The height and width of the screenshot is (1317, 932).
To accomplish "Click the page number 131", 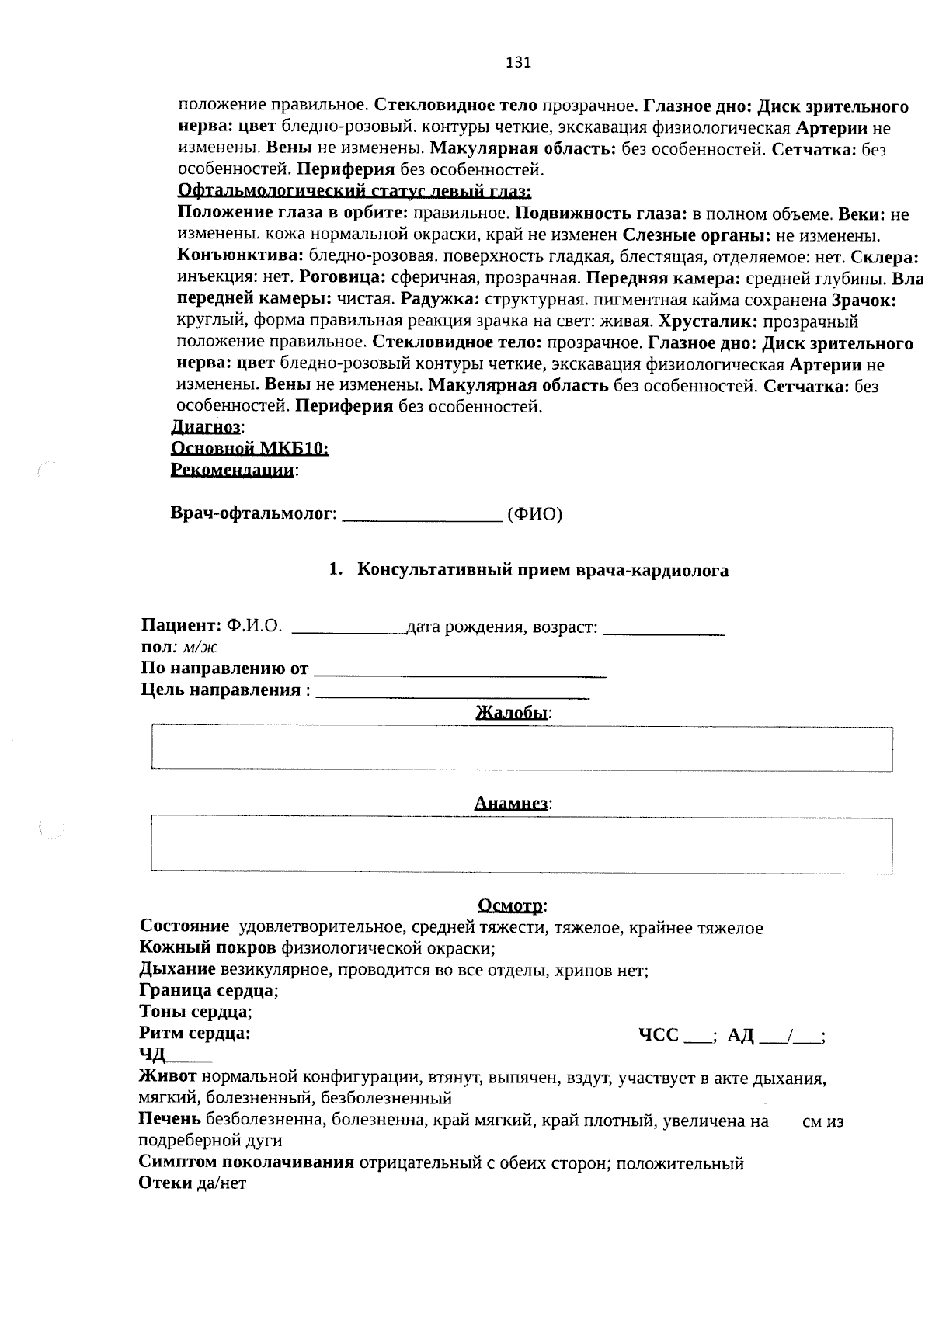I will point(518,63).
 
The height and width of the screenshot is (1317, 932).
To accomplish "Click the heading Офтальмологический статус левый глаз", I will point(354,191).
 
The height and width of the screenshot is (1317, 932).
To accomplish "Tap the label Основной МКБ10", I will point(249,449).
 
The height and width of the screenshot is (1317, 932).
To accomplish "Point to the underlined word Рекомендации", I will point(232,471).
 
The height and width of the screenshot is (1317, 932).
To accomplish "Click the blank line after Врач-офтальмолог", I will point(422,516).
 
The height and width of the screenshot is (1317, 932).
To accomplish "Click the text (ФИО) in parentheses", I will point(534,514).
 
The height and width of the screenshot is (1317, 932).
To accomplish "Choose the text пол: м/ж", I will point(179,648).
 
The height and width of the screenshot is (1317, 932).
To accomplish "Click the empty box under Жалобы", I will point(521,749).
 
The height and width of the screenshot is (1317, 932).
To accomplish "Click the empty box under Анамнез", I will point(521,843).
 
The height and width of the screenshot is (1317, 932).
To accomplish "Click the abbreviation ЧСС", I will point(659,1036).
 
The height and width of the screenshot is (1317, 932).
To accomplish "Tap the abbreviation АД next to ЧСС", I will point(741,1036).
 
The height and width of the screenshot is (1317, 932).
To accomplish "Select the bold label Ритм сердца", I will point(194,1034).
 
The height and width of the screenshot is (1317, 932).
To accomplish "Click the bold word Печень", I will point(169,1119).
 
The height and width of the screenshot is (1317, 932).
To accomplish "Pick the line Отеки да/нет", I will point(192,1184).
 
